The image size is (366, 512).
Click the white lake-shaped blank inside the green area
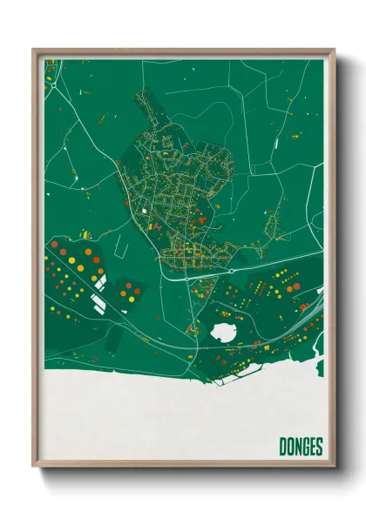coord(224,331)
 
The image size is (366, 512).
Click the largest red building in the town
coord(201,220)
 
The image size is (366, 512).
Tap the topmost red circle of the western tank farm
coord(54,245)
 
